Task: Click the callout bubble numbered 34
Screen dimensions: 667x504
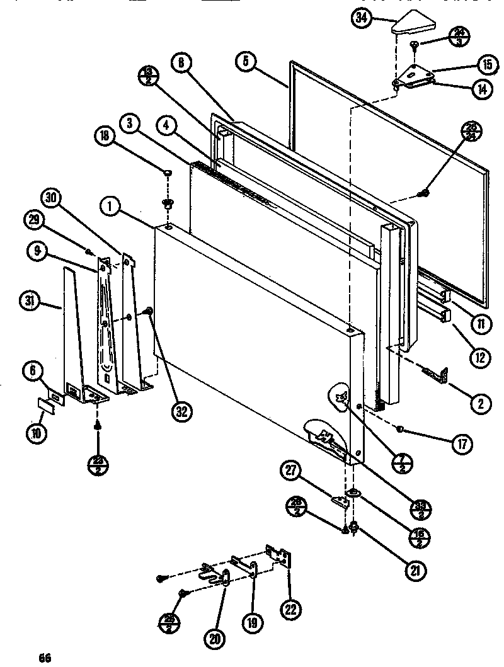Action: click(360, 18)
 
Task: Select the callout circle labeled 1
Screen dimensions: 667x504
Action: click(111, 205)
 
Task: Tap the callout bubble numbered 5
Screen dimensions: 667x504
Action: click(246, 61)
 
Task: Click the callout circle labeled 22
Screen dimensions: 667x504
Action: click(291, 609)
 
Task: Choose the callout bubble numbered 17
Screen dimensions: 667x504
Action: click(461, 443)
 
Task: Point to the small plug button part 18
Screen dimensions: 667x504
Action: click(168, 171)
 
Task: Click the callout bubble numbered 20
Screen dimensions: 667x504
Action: click(216, 637)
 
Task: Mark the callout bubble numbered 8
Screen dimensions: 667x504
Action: click(181, 62)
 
